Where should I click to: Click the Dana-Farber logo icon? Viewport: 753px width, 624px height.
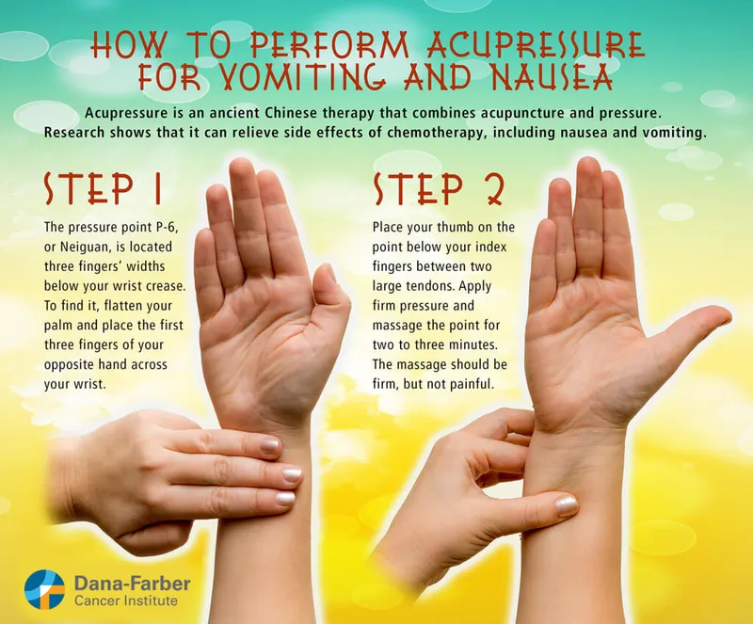tap(44, 590)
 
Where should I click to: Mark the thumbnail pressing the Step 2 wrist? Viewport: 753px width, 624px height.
tap(567, 505)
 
